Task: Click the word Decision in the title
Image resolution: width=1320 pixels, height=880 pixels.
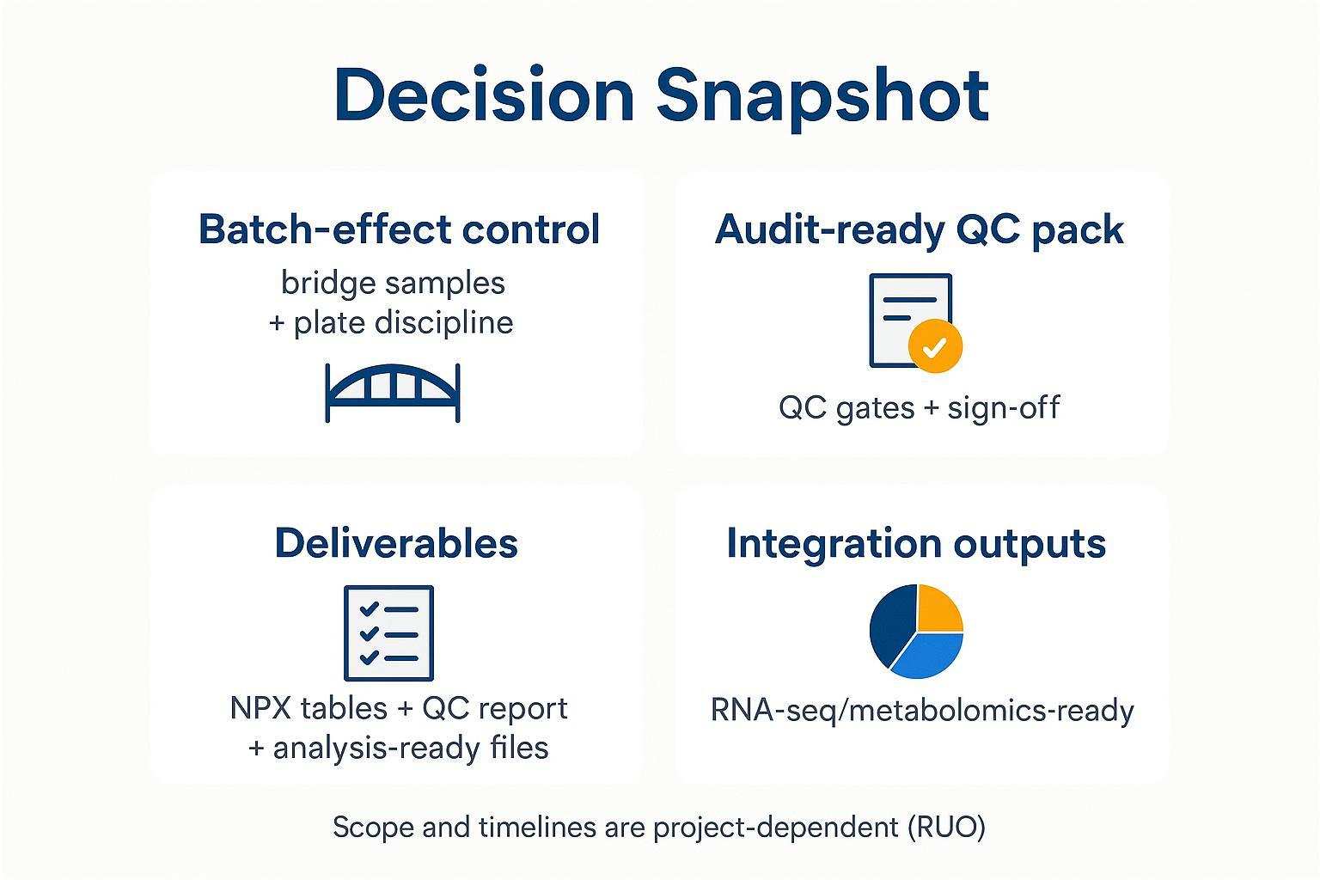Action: (x=484, y=94)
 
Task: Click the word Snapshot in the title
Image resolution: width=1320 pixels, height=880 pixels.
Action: (x=822, y=94)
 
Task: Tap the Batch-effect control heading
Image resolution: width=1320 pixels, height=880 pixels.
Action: (x=399, y=229)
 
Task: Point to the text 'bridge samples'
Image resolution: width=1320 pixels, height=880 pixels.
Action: (x=393, y=283)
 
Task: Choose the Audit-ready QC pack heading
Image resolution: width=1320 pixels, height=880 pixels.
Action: (x=919, y=229)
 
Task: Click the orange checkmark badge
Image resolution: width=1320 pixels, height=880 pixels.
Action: (x=935, y=346)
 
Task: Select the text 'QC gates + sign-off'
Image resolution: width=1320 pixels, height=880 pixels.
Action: (x=919, y=406)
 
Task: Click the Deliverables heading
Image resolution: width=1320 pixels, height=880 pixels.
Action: (x=396, y=543)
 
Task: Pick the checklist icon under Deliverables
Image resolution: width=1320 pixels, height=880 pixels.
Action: (x=388, y=633)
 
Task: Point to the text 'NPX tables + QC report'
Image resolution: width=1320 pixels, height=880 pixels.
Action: (x=399, y=708)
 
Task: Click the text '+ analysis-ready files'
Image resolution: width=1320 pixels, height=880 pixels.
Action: (x=399, y=748)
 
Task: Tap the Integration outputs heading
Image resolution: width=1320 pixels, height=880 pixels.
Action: (x=916, y=543)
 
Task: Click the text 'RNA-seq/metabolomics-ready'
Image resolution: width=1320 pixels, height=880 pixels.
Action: (x=922, y=711)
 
